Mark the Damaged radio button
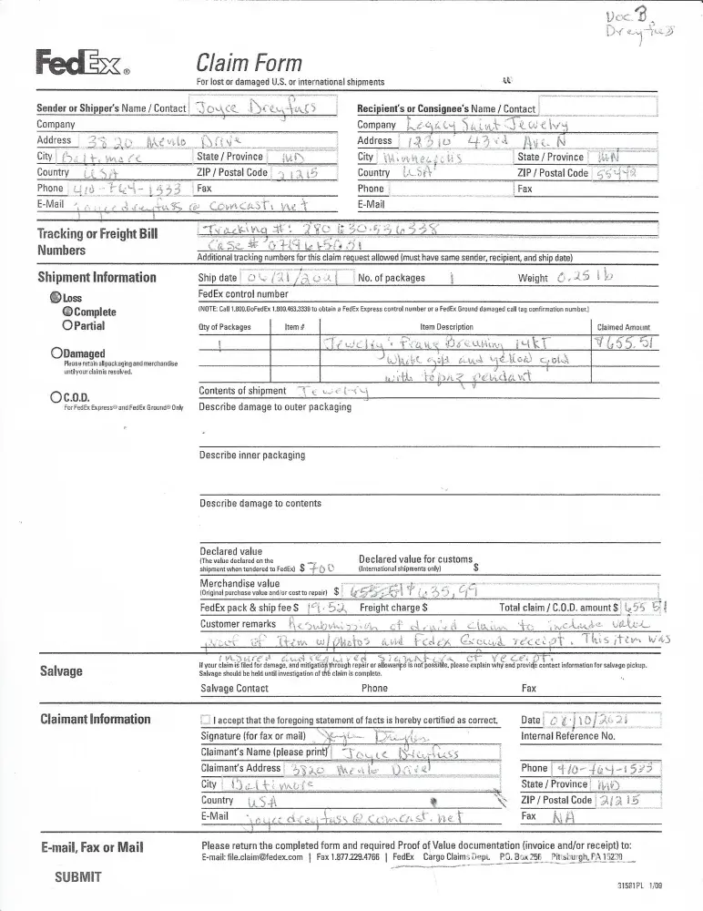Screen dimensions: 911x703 [56, 353]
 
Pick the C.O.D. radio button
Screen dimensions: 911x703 [56, 396]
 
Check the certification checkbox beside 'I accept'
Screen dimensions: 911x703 [206, 721]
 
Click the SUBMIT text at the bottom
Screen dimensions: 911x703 [78, 877]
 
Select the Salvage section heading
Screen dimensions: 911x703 [61, 671]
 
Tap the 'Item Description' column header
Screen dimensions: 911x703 [446, 326]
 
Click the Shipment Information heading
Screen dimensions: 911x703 [97, 277]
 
